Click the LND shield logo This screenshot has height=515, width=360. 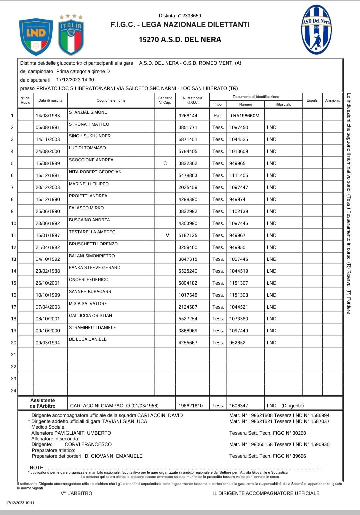[x=36, y=36]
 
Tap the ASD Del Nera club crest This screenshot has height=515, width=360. [x=316, y=30]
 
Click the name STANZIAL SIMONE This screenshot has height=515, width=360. [x=88, y=112]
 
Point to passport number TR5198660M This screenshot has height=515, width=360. [x=245, y=116]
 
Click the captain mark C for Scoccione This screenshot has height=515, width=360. [x=165, y=163]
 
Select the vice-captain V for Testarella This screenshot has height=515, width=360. [x=167, y=235]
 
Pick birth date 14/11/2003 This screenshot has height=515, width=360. [x=48, y=139]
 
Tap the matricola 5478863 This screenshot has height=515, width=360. [x=188, y=175]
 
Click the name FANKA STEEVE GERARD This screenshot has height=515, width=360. [x=95, y=268]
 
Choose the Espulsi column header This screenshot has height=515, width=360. [x=312, y=100]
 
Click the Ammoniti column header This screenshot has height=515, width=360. [x=333, y=100]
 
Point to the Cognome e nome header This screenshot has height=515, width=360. [x=111, y=100]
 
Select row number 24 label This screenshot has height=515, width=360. [x=13, y=391]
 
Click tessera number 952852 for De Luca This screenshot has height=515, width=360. [x=237, y=343]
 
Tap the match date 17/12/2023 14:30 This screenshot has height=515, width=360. [x=75, y=80]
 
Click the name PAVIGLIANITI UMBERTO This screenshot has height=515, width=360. [x=83, y=433]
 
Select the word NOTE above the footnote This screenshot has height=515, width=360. [x=36, y=468]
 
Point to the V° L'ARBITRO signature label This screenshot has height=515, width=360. [x=76, y=493]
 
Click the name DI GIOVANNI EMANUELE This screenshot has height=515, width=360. [x=113, y=456]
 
